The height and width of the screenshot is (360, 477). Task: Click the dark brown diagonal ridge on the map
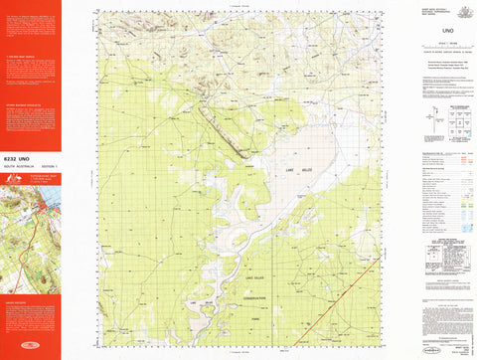224,130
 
